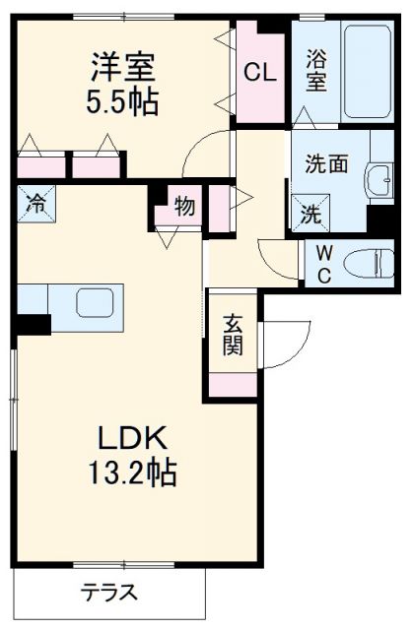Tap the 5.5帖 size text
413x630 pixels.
click(x=123, y=101)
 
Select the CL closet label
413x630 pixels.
click(x=259, y=71)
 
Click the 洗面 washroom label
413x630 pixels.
click(x=325, y=163)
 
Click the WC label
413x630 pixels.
click(x=322, y=263)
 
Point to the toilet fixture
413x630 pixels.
click(x=372, y=262)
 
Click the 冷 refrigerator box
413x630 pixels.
click(x=35, y=205)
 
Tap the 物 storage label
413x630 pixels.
click(x=184, y=206)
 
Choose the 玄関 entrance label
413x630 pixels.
click(x=232, y=335)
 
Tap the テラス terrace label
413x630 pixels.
click(x=109, y=594)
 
